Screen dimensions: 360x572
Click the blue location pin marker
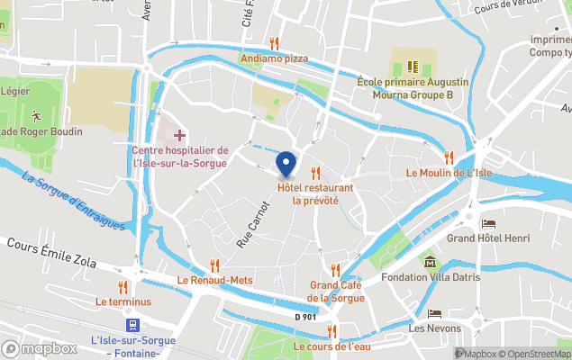(x=286, y=163)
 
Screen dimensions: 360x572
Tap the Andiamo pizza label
(x=274, y=58)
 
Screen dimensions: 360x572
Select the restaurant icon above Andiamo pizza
(x=274, y=43)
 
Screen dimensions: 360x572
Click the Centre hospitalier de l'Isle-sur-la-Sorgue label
(x=180, y=157)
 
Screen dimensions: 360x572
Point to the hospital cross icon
(x=179, y=135)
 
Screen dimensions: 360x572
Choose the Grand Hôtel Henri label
(x=487, y=238)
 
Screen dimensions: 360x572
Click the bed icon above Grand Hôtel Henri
(x=488, y=223)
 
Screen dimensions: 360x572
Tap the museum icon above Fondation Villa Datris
(x=430, y=262)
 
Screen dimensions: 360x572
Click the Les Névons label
(x=433, y=328)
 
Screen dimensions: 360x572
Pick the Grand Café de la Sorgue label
(x=336, y=292)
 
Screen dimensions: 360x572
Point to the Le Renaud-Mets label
(x=215, y=280)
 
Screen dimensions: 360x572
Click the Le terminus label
(x=123, y=301)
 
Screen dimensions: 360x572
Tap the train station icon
(x=132, y=324)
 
